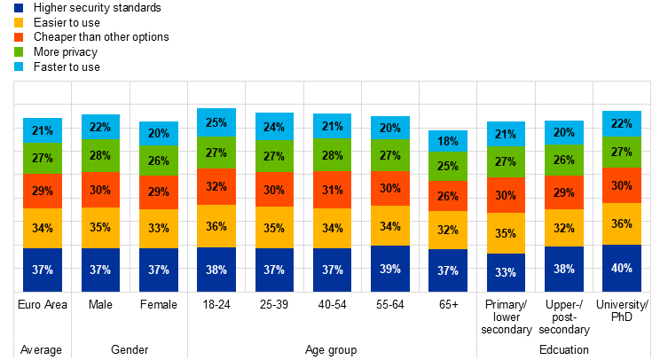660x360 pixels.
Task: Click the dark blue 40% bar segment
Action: [x=622, y=268]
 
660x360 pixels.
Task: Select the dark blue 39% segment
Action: [x=390, y=269]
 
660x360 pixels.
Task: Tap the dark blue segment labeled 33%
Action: [x=506, y=272]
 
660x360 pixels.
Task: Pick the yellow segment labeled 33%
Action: [x=159, y=229]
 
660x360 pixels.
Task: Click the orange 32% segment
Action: [x=216, y=187]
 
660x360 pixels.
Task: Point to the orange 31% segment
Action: [x=333, y=191]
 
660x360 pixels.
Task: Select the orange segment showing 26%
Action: [x=448, y=196]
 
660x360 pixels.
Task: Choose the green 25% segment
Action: [x=448, y=166]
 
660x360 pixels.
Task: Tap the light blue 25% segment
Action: [x=216, y=122]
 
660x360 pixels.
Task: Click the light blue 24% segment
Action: [x=274, y=126]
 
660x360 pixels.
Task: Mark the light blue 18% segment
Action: [x=448, y=141]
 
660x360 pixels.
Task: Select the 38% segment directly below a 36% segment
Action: [x=216, y=270]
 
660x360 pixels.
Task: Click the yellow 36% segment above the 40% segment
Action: [x=622, y=224]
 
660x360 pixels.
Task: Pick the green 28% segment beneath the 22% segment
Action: [x=100, y=156]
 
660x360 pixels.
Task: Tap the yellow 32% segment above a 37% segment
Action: [x=448, y=231]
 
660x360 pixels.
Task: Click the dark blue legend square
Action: [x=19, y=8]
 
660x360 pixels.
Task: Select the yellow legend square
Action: [x=19, y=22]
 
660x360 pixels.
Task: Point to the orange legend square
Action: [x=19, y=37]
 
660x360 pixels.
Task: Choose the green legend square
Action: [x=19, y=51]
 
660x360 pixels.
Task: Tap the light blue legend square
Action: [x=19, y=67]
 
